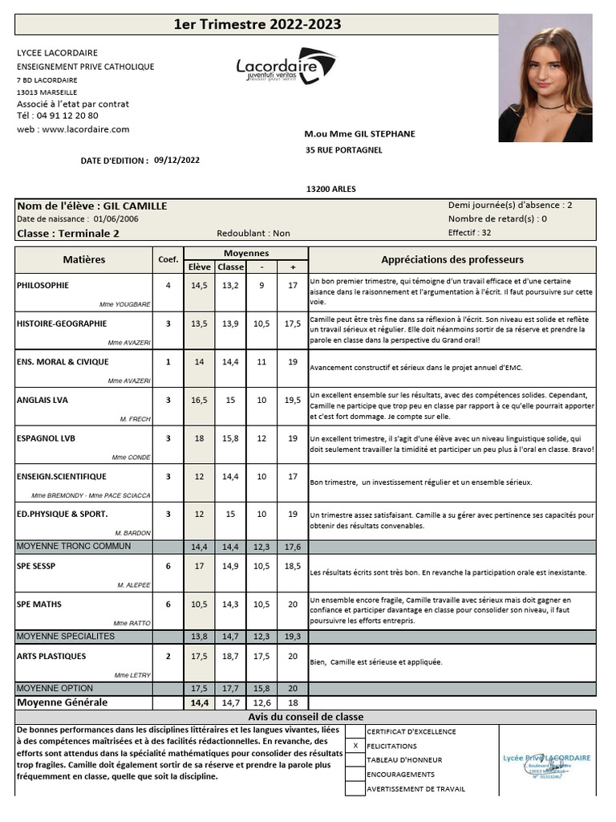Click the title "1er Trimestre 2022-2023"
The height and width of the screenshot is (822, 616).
(x=257, y=25)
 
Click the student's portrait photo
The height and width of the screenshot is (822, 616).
(x=545, y=78)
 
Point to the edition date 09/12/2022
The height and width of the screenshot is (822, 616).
(x=176, y=160)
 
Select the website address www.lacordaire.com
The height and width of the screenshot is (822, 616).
(x=85, y=128)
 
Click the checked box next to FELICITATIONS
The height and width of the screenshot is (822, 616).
(x=355, y=746)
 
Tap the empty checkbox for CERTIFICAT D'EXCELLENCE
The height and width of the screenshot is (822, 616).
(x=355, y=731)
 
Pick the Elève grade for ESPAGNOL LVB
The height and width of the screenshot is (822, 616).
(x=199, y=438)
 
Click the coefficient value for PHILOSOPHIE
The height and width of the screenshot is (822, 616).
(x=168, y=285)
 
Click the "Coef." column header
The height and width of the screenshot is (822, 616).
(x=168, y=259)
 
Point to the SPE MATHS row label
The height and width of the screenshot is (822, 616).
(x=39, y=604)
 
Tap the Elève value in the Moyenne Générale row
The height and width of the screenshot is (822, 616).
(x=199, y=702)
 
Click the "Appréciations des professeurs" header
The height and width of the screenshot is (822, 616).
(x=452, y=259)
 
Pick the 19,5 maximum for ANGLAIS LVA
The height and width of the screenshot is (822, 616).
(x=293, y=400)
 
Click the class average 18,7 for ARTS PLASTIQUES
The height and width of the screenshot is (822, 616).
(x=231, y=657)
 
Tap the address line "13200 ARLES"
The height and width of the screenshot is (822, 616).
(x=330, y=189)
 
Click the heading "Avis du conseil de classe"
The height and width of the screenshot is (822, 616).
(x=306, y=717)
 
